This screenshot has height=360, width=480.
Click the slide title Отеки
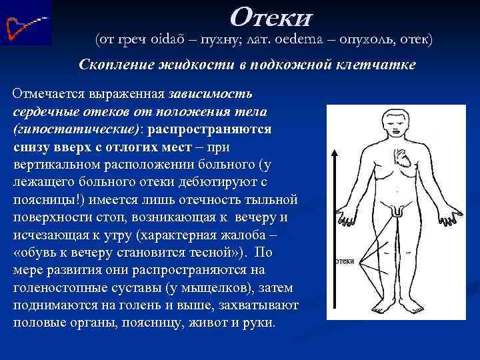[x=270, y=15]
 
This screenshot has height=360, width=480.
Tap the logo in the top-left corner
[x=26, y=23]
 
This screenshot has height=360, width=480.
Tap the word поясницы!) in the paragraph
[x=45, y=199]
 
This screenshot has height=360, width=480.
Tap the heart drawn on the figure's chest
[x=404, y=164]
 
